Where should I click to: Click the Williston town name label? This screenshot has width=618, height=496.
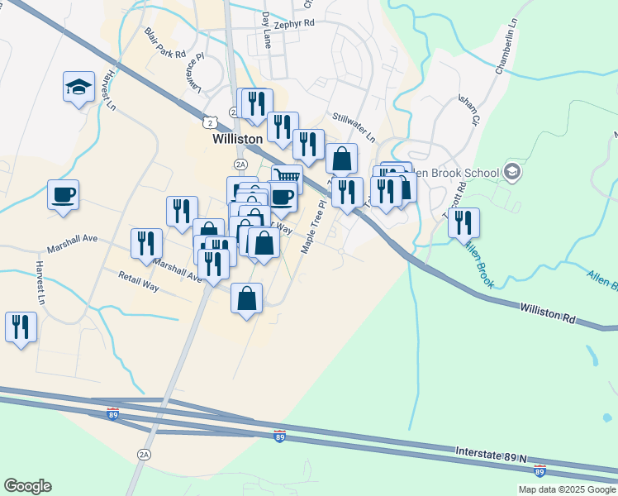click(237, 140)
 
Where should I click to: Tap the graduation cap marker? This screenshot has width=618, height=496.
click(78, 87)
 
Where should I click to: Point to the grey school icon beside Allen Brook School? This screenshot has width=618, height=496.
click(511, 172)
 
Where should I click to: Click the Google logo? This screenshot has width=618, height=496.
click(27, 486)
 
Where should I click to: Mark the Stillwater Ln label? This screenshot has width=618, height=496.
click(354, 128)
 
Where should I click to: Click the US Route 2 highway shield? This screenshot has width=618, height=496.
click(213, 122)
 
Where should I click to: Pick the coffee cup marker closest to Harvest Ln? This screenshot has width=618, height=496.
click(63, 195)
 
